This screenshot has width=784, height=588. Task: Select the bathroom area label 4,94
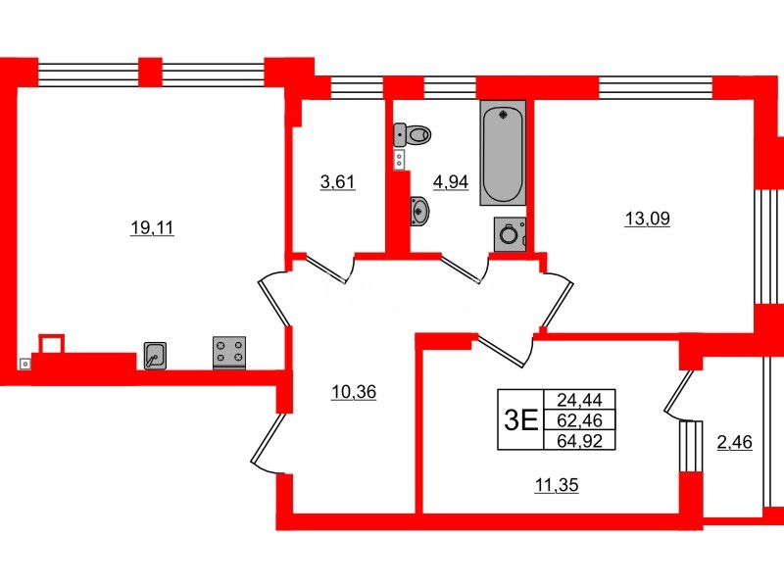450,180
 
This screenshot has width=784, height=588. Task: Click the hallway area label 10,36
354,393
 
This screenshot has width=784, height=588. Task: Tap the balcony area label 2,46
735,443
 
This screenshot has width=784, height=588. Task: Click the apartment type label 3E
519,419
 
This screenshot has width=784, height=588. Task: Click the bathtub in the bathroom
503,153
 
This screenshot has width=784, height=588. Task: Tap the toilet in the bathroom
416,133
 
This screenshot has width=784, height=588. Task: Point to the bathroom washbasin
418,210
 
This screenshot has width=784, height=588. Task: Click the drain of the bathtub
504,116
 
